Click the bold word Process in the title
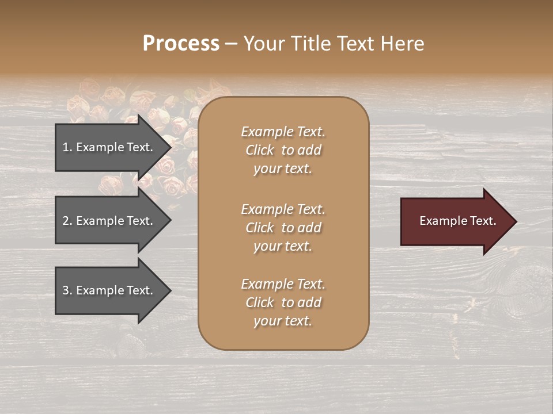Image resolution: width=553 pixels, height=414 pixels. [x=181, y=44]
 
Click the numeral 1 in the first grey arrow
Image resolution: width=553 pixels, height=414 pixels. [x=66, y=147]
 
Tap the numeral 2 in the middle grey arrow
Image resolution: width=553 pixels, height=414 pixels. [x=66, y=221]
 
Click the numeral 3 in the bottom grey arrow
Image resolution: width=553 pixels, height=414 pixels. [x=66, y=290]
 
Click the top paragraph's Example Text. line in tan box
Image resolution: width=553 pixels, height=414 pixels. [x=283, y=132]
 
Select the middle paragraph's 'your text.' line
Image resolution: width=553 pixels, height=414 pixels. [x=283, y=246]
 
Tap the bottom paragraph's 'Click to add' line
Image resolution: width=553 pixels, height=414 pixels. [x=283, y=302]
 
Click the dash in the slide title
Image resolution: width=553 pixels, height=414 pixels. [x=231, y=44]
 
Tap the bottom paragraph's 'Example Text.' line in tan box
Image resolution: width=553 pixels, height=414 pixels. [x=283, y=284]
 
